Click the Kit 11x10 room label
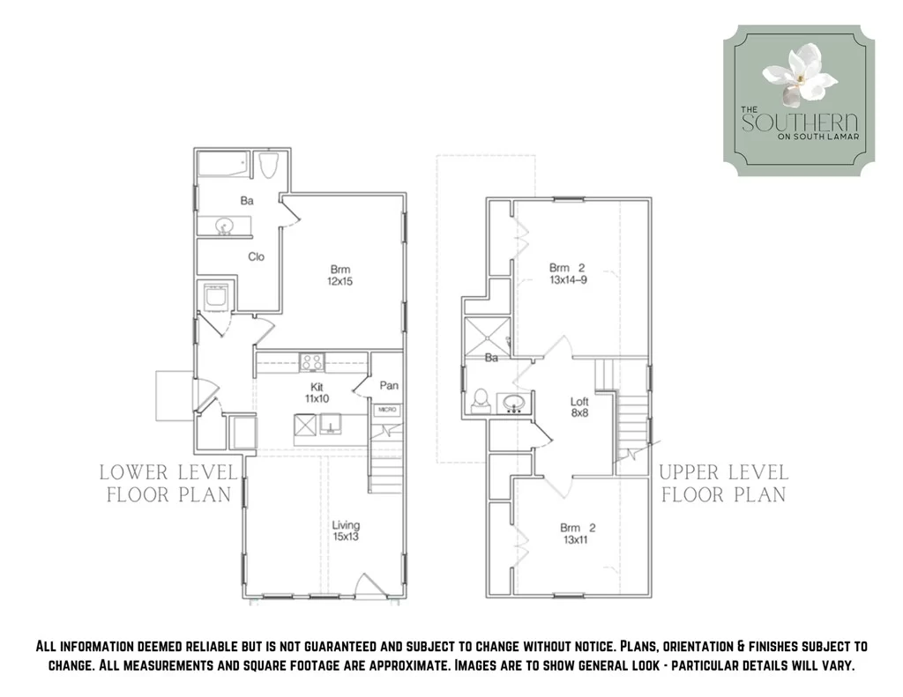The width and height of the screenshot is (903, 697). [x=317, y=392]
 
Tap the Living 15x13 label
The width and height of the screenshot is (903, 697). [x=346, y=530]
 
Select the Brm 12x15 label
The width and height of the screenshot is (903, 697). [x=340, y=275]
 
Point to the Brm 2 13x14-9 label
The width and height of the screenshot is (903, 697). [x=568, y=274]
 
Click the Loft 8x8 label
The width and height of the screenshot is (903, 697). [x=579, y=407]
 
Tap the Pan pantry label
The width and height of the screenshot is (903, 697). [x=389, y=386]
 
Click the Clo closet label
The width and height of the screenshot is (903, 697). [x=257, y=256]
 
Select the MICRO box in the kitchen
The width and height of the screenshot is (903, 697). [x=388, y=410]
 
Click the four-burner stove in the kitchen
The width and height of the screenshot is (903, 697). [x=311, y=362]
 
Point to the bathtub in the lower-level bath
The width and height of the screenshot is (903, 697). [x=223, y=164]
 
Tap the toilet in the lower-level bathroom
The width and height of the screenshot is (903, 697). [x=268, y=165]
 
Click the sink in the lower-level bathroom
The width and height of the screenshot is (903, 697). [x=224, y=226]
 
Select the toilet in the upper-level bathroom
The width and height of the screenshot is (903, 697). [x=480, y=401]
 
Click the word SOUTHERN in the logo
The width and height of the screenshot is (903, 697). [x=800, y=122]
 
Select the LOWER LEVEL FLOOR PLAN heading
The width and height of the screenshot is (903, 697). [x=168, y=484]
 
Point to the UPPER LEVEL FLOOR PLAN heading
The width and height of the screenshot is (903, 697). [x=724, y=484]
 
